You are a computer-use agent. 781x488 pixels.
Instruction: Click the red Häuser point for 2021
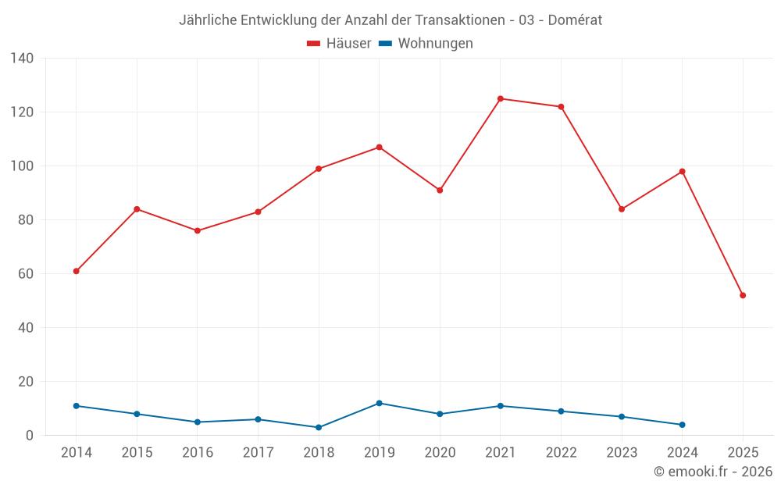pos(501,98)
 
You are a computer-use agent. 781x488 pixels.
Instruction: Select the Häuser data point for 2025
pos(743,295)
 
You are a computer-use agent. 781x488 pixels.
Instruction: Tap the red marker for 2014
pos(76,271)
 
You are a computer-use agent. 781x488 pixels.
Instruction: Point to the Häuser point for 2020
pos(440,191)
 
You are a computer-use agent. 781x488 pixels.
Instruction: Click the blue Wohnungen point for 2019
pos(379,403)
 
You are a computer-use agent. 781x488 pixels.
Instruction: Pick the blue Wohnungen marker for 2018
pos(319,427)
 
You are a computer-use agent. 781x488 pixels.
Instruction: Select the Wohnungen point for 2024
pos(682,425)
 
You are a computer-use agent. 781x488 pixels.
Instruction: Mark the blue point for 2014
pos(76,406)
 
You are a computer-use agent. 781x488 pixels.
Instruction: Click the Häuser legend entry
pos(339,44)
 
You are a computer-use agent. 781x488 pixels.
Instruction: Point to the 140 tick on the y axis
pos(23,59)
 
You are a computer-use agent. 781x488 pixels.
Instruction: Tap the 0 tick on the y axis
pos(30,436)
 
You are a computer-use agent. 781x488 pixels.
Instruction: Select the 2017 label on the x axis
pos(258,453)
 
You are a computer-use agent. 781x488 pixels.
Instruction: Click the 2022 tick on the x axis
pos(561,453)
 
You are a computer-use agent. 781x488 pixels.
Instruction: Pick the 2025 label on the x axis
pos(743,453)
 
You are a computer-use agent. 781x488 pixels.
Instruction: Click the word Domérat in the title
pos(575,20)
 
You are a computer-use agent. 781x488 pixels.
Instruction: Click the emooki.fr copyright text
pos(713,472)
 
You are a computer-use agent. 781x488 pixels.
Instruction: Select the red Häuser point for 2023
pos(622,209)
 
